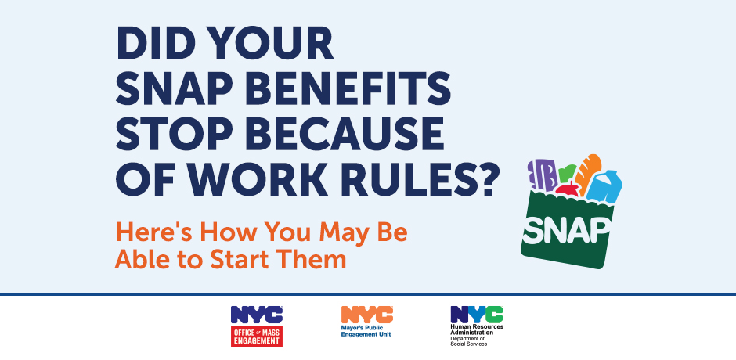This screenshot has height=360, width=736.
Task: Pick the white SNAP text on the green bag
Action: pyautogui.click(x=568, y=227)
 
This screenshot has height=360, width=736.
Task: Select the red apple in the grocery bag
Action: pyautogui.click(x=567, y=189)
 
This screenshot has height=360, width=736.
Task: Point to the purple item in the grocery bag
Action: pyautogui.click(x=542, y=175)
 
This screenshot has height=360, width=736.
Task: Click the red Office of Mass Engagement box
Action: pyautogui.click(x=256, y=337)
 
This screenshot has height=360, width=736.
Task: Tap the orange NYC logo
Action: pyautogui.click(x=366, y=314)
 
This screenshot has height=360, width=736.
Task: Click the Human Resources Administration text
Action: pyautogui.click(x=476, y=329)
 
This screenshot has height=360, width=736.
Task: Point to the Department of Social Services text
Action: pyautogui.click(x=469, y=340)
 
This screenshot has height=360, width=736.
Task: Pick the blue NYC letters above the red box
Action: pyautogui.click(x=256, y=315)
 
